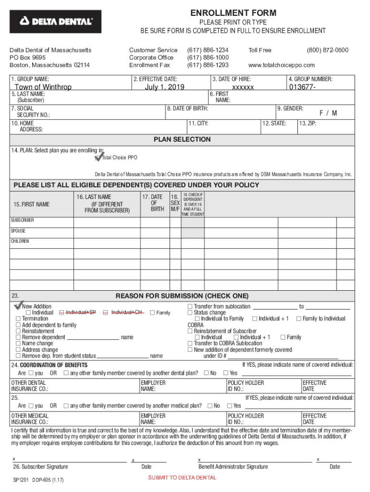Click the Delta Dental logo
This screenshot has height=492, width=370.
pyautogui.click(x=56, y=22)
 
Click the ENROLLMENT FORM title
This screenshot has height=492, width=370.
pyautogui.click(x=233, y=13)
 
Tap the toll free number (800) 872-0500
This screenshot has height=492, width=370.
pyautogui.click(x=328, y=50)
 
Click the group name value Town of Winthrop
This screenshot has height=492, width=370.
pyautogui.click(x=43, y=87)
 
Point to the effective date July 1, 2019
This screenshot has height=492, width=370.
pyautogui.click(x=165, y=87)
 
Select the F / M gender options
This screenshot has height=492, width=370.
pyautogui.click(x=328, y=113)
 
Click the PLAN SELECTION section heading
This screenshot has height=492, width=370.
pyautogui.click(x=182, y=139)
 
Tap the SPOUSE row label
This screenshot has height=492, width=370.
pyautogui.click(x=18, y=231)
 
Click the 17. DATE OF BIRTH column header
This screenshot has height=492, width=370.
pyautogui.click(x=153, y=203)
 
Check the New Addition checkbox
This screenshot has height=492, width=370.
pyautogui.click(x=18, y=306)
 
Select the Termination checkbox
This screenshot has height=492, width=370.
pyautogui.click(x=18, y=319)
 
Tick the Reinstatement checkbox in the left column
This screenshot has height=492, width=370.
pyautogui.click(x=18, y=331)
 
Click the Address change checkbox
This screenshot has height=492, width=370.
pyautogui.click(x=18, y=350)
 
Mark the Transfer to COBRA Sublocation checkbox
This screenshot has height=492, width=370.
pyautogui.click(x=190, y=344)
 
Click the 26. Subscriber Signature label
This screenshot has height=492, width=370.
pyautogui.click(x=40, y=467)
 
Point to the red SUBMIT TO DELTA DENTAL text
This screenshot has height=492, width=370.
pyautogui.click(x=182, y=478)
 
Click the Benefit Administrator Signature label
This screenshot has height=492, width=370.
pyautogui.click(x=233, y=467)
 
